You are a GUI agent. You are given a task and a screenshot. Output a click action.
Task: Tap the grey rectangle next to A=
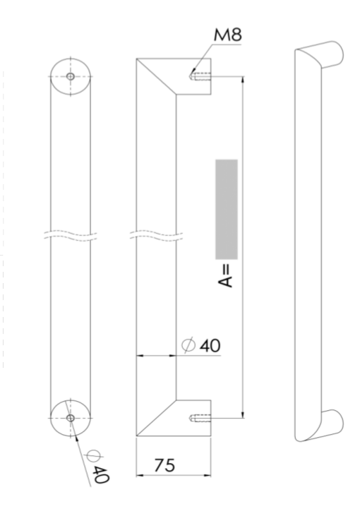coord(226,209)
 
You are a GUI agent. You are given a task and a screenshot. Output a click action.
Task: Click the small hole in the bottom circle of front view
coord(71,418)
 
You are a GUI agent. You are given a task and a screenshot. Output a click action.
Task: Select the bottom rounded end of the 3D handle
coord(332,423)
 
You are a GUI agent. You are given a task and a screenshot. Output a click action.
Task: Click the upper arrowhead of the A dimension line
coord(242,82)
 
